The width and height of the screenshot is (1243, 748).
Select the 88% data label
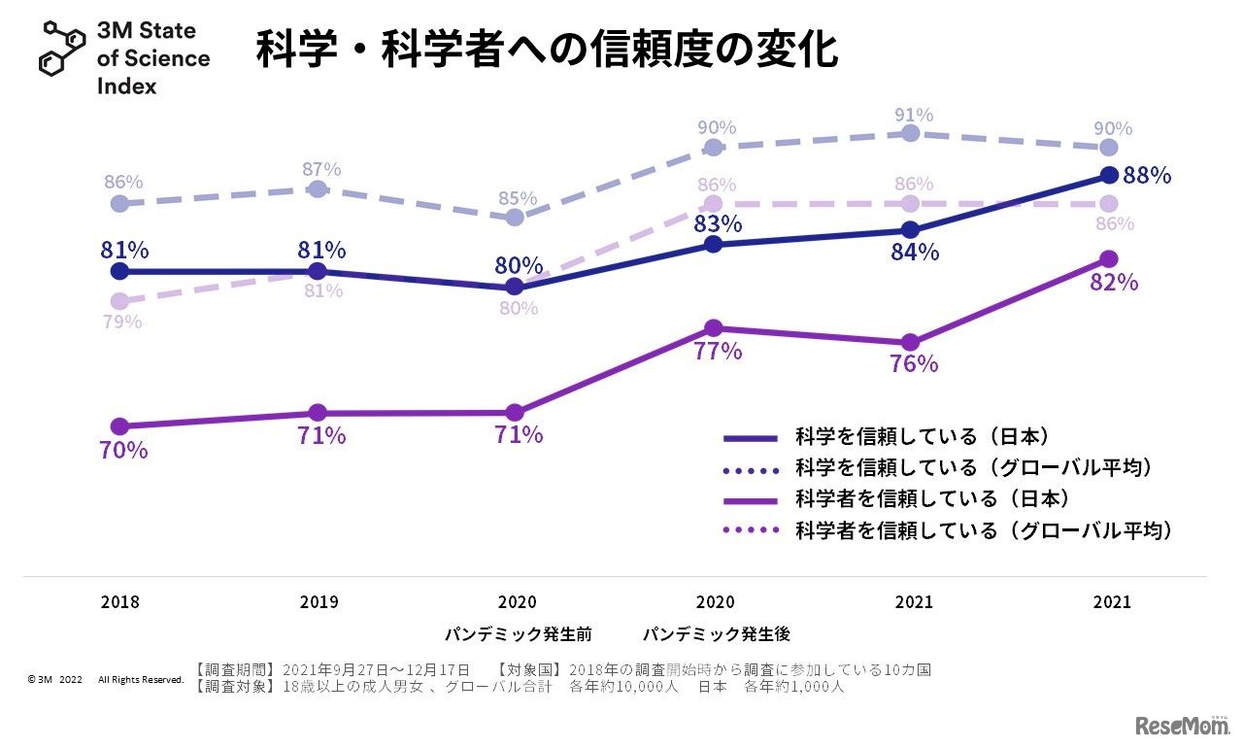[x=1147, y=176]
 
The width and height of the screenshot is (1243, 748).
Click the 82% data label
[x=1113, y=283]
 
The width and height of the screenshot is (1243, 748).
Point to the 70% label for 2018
[x=123, y=451]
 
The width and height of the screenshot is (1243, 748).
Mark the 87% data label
[x=320, y=169]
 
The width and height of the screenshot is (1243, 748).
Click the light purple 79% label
[x=122, y=322]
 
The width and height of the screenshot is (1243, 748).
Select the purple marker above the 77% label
[x=713, y=328]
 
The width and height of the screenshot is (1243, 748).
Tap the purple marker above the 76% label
[x=910, y=343]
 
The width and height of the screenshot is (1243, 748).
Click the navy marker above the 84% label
[x=910, y=230]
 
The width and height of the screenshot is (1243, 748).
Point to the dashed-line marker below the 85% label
[x=515, y=218]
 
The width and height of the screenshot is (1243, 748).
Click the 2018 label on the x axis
[x=120, y=602]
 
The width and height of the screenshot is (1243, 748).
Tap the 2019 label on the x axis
[x=319, y=602]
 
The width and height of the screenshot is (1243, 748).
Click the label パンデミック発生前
[x=518, y=634]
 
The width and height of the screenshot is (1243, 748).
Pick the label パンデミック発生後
[x=716, y=634]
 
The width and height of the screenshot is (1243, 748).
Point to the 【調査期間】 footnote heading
[x=237, y=670]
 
